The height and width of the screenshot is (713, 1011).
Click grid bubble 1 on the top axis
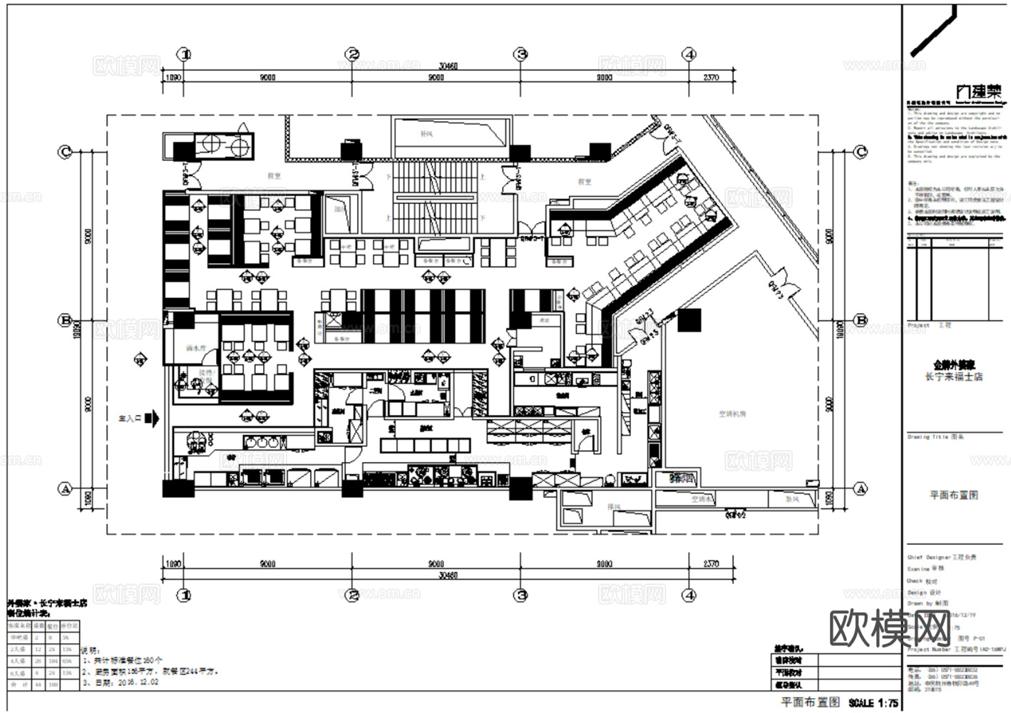(x=185, y=54)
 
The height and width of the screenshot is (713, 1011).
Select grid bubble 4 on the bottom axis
(x=689, y=595)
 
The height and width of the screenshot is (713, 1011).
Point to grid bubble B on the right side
(x=861, y=321)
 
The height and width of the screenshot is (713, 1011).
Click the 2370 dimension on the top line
(x=711, y=77)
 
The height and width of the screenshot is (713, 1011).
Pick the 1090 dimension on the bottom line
(x=173, y=564)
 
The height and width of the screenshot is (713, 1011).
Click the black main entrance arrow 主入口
(x=151, y=419)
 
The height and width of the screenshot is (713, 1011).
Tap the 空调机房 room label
(x=732, y=414)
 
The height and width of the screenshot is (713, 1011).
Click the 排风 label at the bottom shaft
(x=612, y=507)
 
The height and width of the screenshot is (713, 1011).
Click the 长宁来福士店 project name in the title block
(x=953, y=376)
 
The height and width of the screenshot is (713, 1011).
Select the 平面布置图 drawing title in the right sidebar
(x=953, y=495)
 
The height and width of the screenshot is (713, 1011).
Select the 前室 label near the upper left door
(x=252, y=173)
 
